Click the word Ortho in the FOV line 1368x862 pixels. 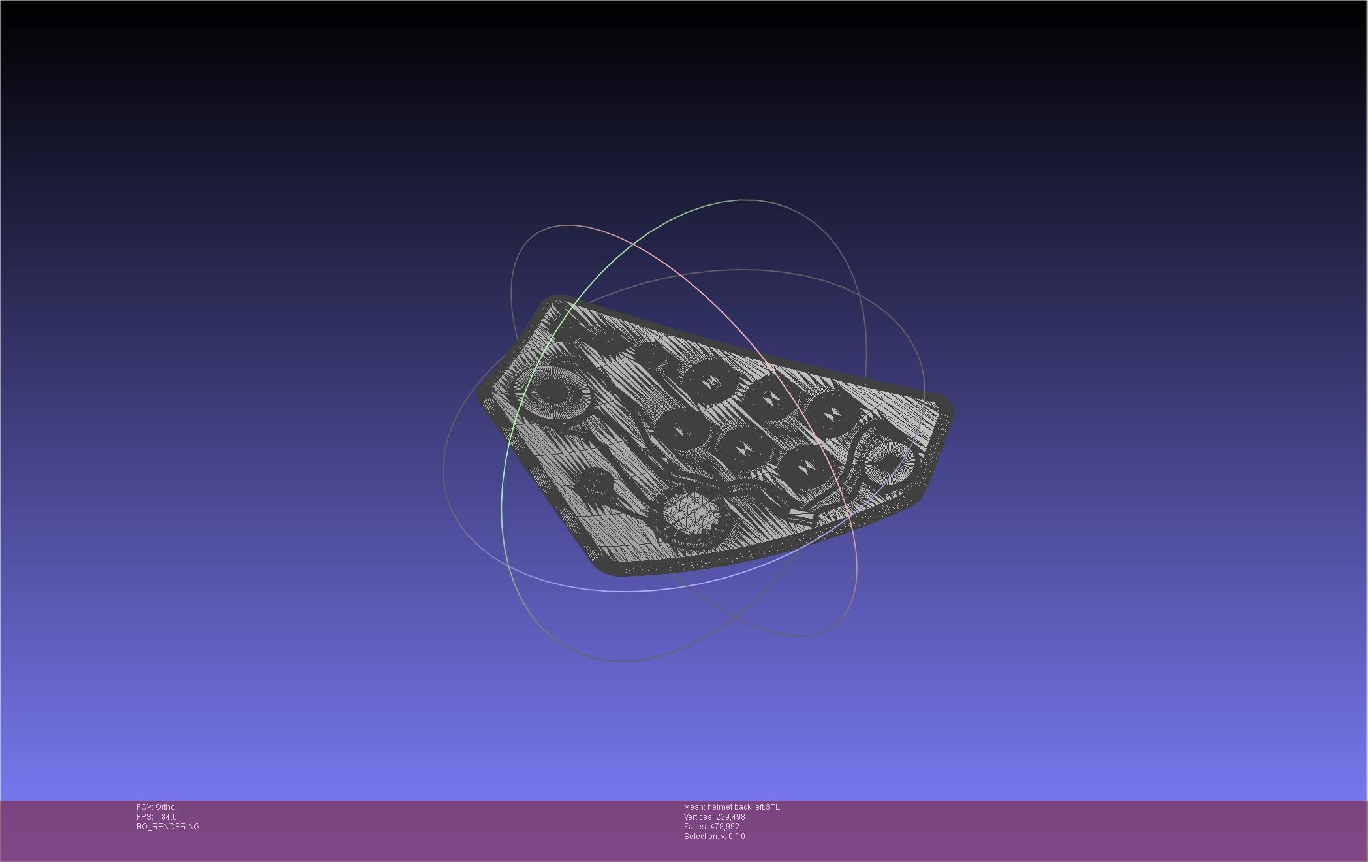tap(165, 807)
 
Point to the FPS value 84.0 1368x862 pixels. tap(168, 817)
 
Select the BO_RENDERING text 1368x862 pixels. tap(168, 827)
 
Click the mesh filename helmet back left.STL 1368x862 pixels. tap(743, 807)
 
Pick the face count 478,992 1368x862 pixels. tap(724, 827)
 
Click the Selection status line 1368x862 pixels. tap(714, 837)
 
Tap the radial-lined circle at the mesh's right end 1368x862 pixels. tap(889, 462)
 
